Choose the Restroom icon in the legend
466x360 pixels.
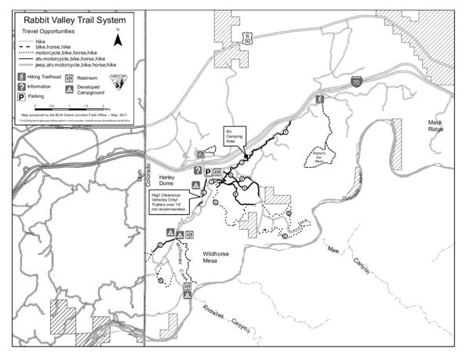[x=69, y=78]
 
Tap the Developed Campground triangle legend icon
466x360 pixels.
[x=69, y=90]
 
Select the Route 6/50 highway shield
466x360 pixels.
[x=247, y=37]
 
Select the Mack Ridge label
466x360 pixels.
[x=435, y=125]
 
